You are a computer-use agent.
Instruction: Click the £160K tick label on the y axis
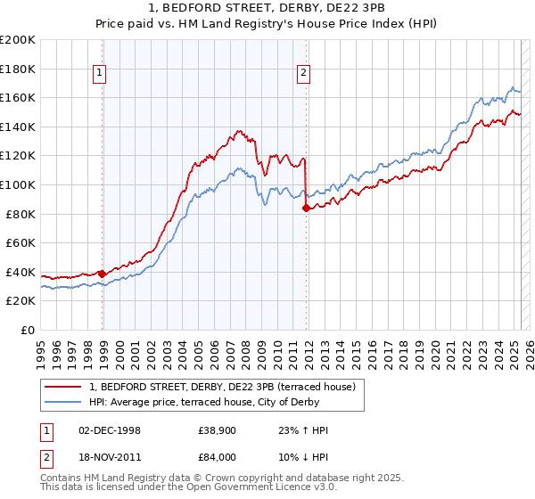pos(18,97)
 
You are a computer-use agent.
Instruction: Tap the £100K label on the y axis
pos(18,184)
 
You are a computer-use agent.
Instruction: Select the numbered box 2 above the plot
pos(304,74)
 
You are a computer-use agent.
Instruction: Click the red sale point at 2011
pos(307,208)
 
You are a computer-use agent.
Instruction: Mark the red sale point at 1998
pos(103,274)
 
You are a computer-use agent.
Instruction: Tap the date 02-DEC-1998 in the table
pos(110,430)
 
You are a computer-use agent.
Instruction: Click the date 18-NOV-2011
pos(110,459)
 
